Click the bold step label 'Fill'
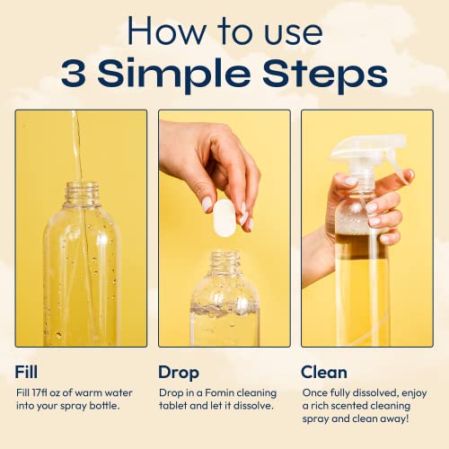coord(26,371)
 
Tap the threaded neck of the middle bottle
coord(225,261)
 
